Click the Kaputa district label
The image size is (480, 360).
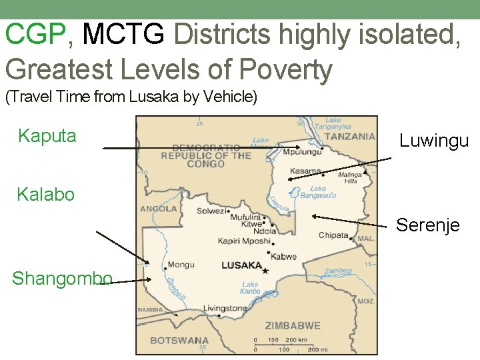[47, 136]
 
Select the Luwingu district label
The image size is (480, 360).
[434, 141]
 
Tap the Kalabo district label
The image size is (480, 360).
[45, 195]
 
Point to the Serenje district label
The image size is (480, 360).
[427, 225]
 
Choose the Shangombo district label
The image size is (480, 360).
[61, 278]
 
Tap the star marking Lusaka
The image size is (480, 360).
[265, 271]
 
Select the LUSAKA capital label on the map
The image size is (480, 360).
[241, 265]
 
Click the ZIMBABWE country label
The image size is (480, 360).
[293, 326]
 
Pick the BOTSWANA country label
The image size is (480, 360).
[179, 340]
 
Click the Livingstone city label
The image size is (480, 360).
[225, 308]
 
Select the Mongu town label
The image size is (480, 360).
[181, 265]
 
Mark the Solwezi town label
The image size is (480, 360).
[211, 211]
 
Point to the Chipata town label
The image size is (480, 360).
[333, 235]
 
